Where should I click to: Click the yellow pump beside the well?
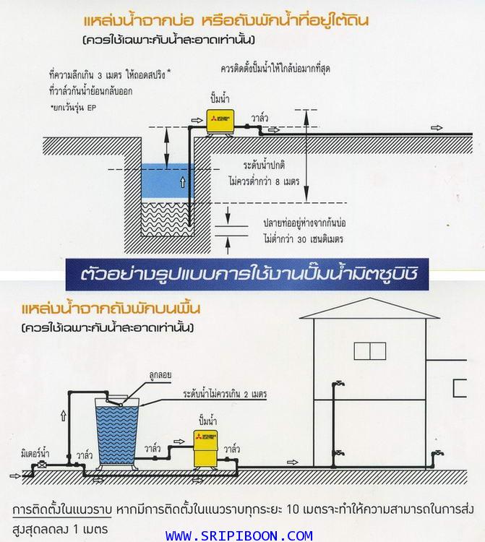220,122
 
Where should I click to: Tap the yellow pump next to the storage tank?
205,449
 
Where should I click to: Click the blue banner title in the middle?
246,274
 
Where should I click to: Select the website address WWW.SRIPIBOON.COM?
239,535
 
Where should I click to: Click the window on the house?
370,350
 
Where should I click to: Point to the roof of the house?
369,309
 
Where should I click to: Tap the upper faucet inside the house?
338,384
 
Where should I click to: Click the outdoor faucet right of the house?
437,454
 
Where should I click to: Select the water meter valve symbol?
41,465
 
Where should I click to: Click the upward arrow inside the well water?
183,182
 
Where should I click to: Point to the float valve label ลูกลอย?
160,374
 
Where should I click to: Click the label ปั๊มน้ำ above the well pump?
220,98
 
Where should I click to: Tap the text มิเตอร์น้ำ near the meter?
35,453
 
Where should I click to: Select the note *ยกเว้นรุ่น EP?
73,108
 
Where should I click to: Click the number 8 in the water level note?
278,182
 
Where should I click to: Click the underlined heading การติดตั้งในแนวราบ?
62,509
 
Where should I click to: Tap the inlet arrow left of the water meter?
16,476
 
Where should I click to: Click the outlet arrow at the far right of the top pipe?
437,128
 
